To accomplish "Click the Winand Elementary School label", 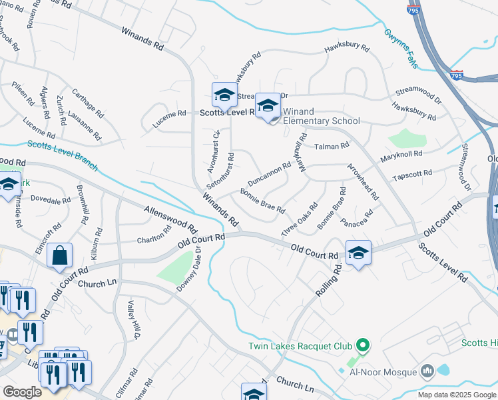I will click(321, 116).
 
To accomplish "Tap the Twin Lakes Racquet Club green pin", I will click(362, 345).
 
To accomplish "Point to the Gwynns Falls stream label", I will click(401, 47).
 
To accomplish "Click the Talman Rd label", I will click(332, 145).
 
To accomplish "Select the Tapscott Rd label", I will click(412, 175).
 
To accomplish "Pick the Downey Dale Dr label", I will click(188, 268).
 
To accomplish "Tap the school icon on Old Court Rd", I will click(358, 253).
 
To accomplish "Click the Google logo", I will click(22, 391).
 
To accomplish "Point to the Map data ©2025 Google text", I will click(457, 395).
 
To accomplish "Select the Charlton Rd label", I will click(154, 235).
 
